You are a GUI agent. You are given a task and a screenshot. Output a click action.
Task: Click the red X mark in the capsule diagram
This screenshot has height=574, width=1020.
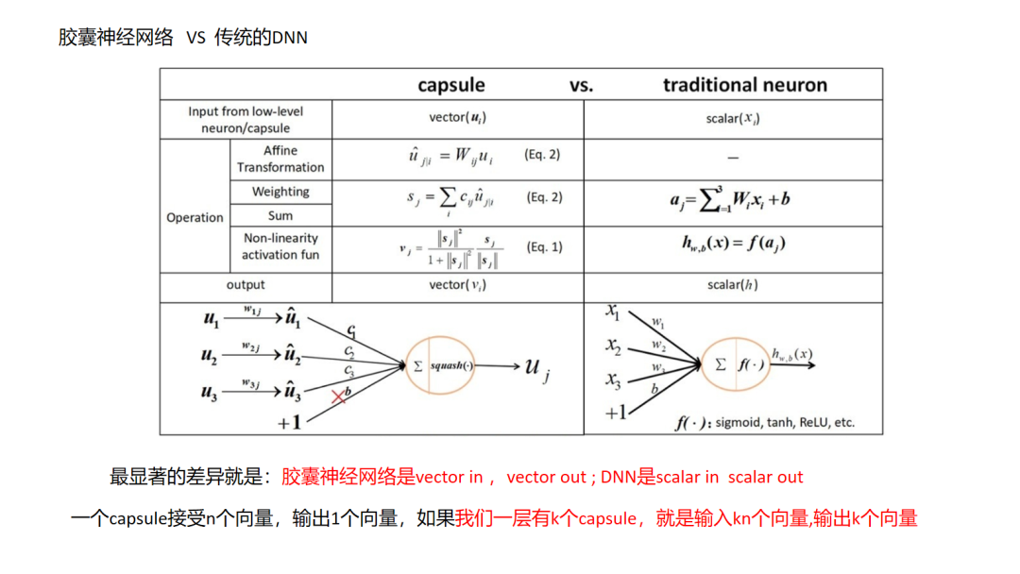338,397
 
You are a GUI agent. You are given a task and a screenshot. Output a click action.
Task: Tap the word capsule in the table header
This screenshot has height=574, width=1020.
451,85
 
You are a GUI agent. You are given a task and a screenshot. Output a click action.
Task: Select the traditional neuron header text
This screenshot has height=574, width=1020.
744,85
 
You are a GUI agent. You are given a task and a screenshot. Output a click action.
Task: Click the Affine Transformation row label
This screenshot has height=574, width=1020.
280,159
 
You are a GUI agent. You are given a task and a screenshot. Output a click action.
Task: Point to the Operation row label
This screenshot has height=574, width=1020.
195,217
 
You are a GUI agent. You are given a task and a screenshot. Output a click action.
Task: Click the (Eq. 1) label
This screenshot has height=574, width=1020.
544,247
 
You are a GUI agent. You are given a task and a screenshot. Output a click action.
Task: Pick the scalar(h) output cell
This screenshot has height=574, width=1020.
733,284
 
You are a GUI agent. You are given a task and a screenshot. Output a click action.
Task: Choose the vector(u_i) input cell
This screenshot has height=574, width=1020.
457,118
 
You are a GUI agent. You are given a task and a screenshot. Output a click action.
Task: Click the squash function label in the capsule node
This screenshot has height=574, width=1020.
451,365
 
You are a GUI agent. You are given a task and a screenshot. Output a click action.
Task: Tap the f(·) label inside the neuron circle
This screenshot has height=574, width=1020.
751,363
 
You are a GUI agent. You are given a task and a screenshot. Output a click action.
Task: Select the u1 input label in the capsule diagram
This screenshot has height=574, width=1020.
211,320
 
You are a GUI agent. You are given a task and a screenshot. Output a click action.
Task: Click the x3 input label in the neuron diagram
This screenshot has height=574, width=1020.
614,380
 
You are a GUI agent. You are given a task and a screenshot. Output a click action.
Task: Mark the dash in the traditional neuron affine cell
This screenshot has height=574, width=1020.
733,159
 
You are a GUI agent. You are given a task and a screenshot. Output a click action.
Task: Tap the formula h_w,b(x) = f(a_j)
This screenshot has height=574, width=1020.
733,243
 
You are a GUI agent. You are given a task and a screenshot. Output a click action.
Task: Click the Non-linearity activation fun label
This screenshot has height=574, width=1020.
280,246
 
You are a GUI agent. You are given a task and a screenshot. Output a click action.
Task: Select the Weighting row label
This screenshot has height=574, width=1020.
280,192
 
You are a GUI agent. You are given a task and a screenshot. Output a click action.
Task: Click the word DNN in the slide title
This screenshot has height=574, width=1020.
291,38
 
